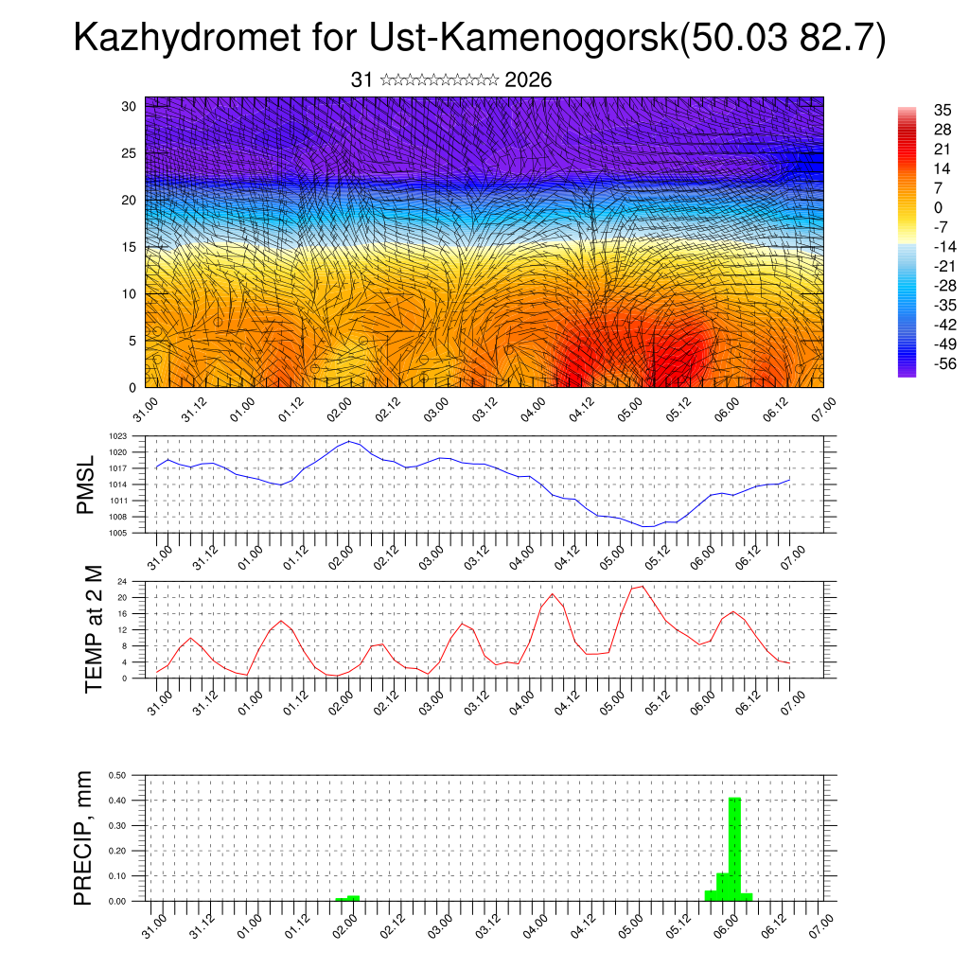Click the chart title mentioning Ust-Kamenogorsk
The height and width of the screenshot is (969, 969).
click(480, 39)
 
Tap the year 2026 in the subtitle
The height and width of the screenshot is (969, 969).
click(528, 80)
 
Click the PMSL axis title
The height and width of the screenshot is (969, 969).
click(86, 484)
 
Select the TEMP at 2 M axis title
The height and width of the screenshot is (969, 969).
click(93, 629)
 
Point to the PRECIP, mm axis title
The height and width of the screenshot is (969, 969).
click(84, 838)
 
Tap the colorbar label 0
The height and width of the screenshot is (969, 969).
click(938, 207)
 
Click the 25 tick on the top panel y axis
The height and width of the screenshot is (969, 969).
click(130, 152)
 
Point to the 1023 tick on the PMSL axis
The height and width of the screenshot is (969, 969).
click(117, 436)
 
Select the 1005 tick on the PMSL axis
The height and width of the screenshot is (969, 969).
click(117, 533)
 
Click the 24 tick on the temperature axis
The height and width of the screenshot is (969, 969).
click(122, 582)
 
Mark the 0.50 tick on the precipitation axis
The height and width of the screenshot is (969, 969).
click(118, 775)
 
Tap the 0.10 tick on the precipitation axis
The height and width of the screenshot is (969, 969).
click(118, 876)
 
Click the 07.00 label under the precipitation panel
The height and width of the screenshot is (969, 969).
click(818, 926)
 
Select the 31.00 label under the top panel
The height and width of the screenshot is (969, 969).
click(145, 413)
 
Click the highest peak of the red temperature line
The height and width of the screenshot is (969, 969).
click(643, 587)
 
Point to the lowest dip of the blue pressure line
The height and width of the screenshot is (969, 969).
click(648, 526)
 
